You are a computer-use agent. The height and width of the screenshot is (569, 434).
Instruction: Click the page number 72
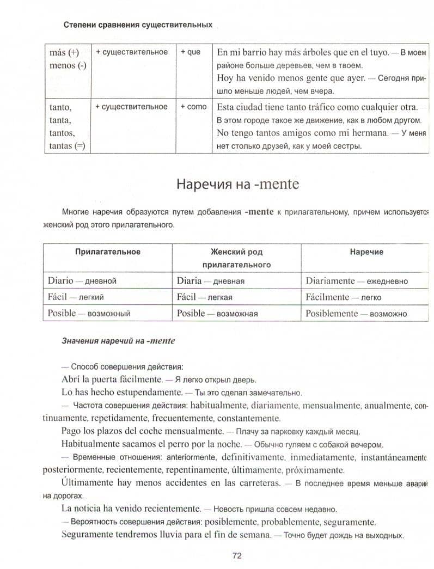point(237,555)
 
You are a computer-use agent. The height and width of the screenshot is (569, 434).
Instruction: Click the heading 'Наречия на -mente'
point(237,184)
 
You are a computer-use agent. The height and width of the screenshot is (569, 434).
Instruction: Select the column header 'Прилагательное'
point(107,252)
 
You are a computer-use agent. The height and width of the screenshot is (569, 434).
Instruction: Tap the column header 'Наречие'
point(366,252)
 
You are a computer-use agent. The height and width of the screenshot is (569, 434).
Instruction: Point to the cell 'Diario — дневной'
point(82,281)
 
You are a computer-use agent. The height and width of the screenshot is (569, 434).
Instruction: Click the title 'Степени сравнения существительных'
point(138,25)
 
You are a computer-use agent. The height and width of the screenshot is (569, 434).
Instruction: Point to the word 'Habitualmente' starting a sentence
point(89,444)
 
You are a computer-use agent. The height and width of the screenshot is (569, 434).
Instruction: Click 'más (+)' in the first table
point(64,53)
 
